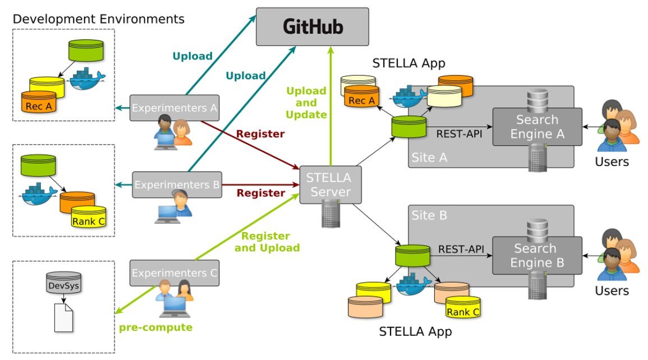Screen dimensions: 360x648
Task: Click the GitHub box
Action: pyautogui.click(x=312, y=26)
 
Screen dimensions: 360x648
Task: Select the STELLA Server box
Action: pyautogui.click(x=328, y=185)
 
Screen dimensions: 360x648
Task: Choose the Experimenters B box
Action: pyautogui.click(x=177, y=184)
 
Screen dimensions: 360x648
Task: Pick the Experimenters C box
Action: pyautogui.click(x=174, y=273)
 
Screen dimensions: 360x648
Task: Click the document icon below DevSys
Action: pyautogui.click(x=63, y=317)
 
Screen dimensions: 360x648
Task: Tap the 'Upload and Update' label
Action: pyautogui.click(x=306, y=103)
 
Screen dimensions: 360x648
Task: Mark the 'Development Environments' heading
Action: pyautogui.click(x=98, y=19)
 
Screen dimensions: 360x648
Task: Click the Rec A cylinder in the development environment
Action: pyautogui.click(x=39, y=103)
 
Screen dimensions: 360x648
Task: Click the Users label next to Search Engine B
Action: pyautogui.click(x=612, y=290)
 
